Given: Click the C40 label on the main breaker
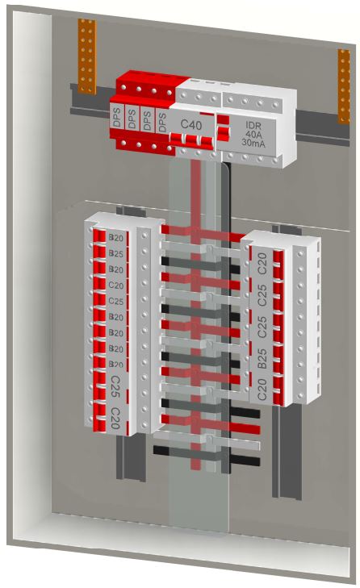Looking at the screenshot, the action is point(191,124).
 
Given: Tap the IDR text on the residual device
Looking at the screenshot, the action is point(253,125).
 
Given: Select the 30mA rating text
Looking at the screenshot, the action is point(253,143).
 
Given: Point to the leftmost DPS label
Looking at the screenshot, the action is point(117,118).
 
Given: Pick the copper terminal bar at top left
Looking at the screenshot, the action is point(86,56).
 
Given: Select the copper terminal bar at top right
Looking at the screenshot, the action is point(344,86).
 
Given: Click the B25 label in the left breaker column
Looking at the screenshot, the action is point(116,253).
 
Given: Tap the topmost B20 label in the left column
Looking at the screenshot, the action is point(116,238).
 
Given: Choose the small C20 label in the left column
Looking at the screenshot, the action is point(116,285).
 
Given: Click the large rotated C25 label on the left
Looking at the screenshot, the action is point(115,386).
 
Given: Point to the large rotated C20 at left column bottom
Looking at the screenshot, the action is point(115,418).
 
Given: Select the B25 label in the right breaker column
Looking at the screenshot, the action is point(262,358).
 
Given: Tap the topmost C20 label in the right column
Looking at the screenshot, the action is point(262,264).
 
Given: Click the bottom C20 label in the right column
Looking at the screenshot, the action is point(262,390).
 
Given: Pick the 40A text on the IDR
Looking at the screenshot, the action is point(253,134).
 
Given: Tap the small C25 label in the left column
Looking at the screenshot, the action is point(116,301).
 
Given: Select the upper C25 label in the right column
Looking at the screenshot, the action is point(262,294).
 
